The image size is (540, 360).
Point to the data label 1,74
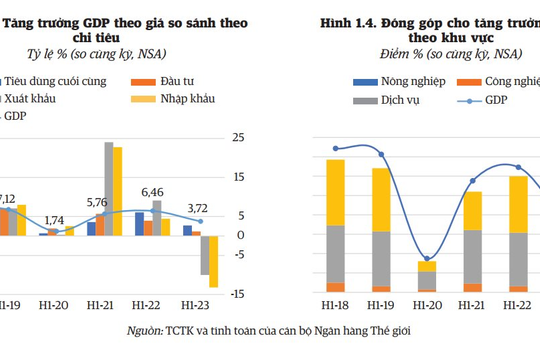pyautogui.click(x=55, y=219)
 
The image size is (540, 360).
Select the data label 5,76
pyautogui.click(x=100, y=203)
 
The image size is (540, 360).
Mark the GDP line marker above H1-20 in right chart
pyautogui.click(x=427, y=259)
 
